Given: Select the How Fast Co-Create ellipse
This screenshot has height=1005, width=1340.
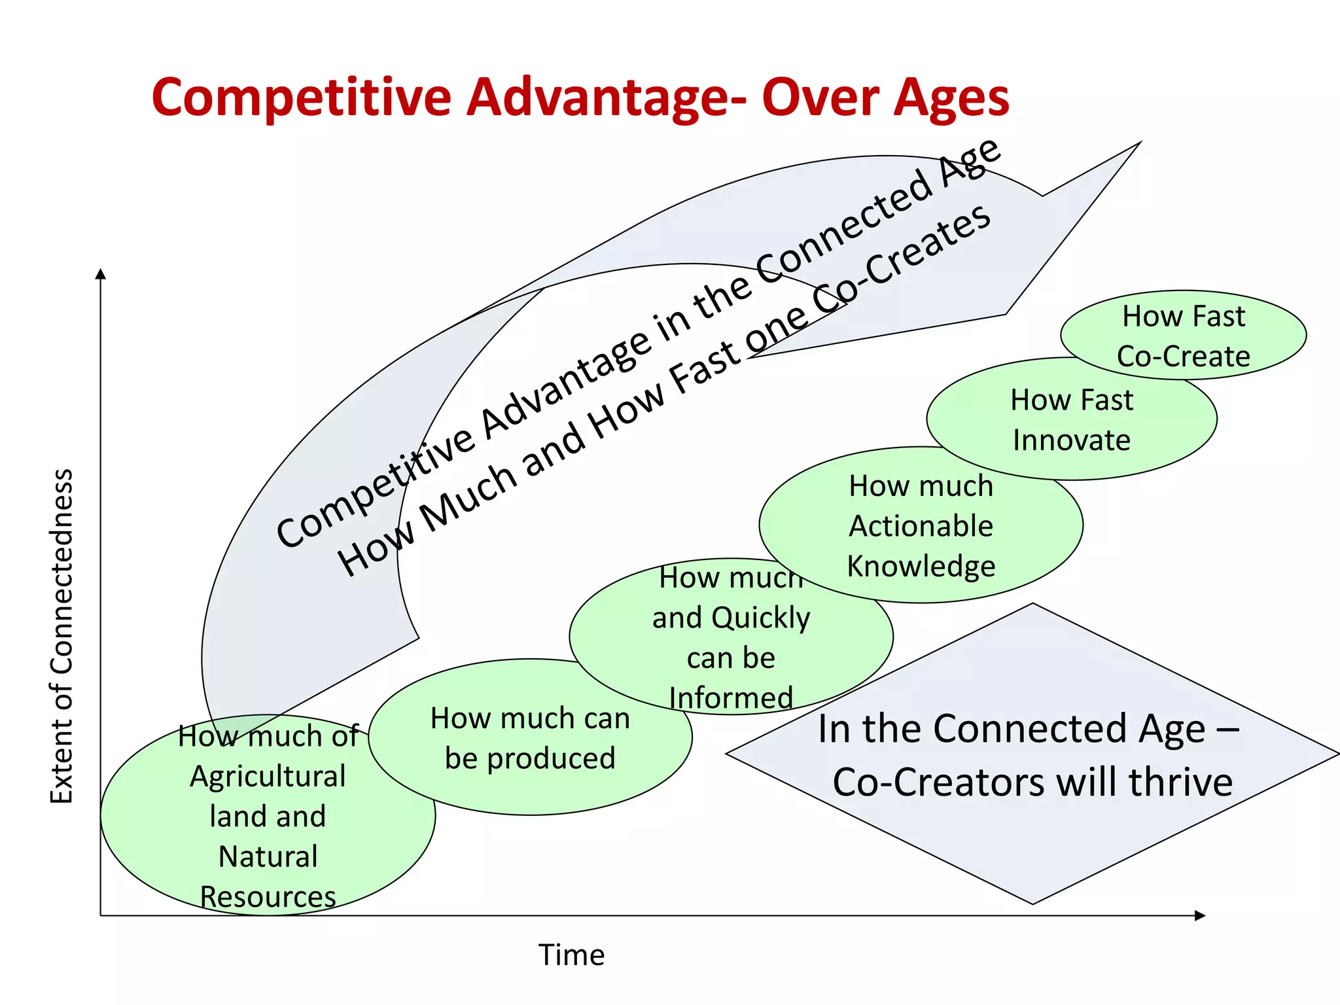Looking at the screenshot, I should (x=1183, y=336).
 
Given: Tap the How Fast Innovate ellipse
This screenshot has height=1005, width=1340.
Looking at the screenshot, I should (x=1071, y=419).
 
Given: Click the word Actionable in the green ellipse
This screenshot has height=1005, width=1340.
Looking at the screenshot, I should (x=921, y=526).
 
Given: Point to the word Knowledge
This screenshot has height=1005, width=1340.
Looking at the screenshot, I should (x=921, y=567).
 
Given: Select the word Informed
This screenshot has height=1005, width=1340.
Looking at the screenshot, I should (x=731, y=698).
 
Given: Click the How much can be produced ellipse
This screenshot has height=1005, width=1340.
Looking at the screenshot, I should (x=530, y=738).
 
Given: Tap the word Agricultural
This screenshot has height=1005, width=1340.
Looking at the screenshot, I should (x=268, y=777).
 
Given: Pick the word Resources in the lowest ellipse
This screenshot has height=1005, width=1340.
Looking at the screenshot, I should (x=268, y=897).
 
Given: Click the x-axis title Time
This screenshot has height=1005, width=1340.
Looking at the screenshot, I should (x=571, y=955).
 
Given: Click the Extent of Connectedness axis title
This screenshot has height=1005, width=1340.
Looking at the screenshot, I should (x=62, y=636).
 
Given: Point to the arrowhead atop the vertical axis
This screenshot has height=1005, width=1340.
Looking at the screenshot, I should (x=101, y=273).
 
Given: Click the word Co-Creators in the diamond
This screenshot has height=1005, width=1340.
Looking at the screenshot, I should (x=940, y=783).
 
